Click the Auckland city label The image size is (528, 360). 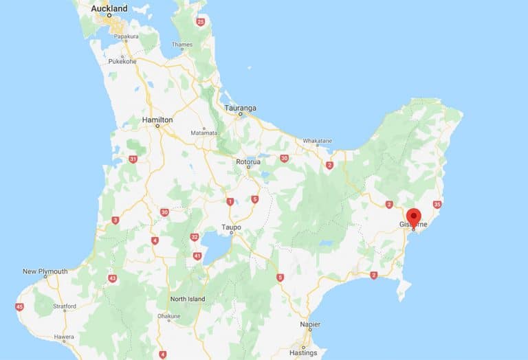tap(109, 8)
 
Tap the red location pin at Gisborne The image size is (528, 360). tap(413, 216)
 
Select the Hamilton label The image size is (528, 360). tap(157, 120)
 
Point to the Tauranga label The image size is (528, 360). tap(241, 108)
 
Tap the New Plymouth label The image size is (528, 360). tap(45, 271)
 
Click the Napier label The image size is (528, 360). tap(310, 324)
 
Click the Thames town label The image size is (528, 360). tap(182, 45)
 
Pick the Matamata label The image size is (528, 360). tap(203, 133)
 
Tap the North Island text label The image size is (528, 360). tap(188, 299)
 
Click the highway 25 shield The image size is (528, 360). tap(201, 22)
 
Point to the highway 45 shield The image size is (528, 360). tap(19, 307)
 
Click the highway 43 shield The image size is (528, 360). tap(112, 278)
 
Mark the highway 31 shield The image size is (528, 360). tap(133, 159)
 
